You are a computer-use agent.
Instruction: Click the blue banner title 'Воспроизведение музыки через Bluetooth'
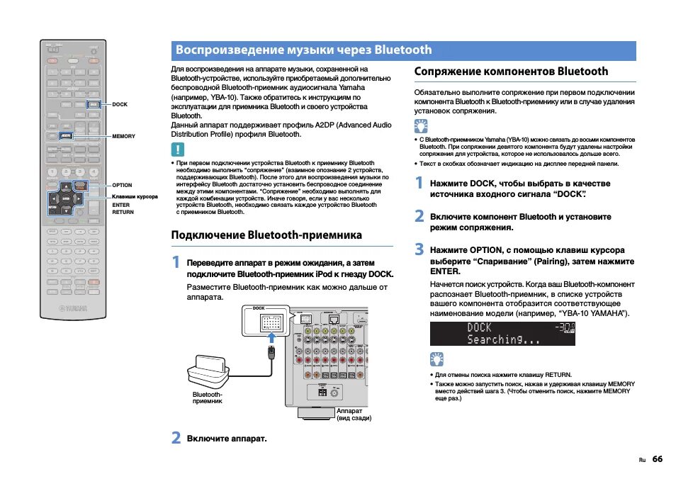click(303, 50)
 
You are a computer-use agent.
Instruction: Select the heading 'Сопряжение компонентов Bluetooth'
click(511, 72)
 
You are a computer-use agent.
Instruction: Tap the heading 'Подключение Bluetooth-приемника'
click(266, 235)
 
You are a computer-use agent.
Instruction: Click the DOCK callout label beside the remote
click(120, 104)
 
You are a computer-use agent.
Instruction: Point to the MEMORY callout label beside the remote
click(123, 136)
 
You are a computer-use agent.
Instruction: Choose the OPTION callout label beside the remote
click(122, 185)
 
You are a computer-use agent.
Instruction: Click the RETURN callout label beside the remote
click(123, 211)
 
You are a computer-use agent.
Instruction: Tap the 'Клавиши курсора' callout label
click(135, 196)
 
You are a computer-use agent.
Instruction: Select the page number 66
click(658, 459)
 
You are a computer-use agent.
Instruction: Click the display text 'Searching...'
click(503, 339)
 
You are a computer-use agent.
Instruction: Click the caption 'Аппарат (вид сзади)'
click(354, 414)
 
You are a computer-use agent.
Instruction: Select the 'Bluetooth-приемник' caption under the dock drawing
click(208, 398)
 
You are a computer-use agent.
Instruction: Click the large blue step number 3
click(419, 249)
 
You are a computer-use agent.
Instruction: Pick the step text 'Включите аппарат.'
click(227, 438)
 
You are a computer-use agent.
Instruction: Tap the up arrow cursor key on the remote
click(65, 188)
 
